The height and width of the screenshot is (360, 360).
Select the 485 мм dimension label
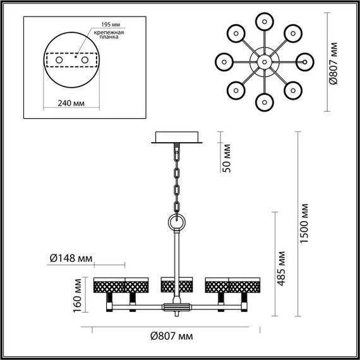282,265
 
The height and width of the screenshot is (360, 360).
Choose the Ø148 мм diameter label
71,258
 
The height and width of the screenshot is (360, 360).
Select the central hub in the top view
263,62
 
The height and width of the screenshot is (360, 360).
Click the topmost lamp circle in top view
263,20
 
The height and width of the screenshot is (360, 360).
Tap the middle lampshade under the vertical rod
176,285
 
